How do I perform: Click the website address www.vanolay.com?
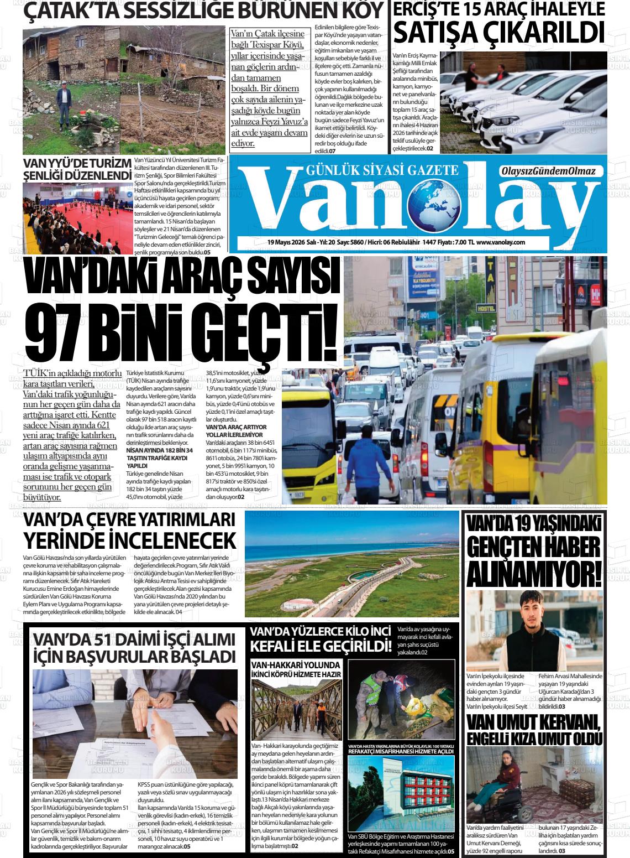pyautogui.click(x=500, y=242)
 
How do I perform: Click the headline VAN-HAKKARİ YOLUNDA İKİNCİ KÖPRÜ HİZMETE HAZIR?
pyautogui.click(x=296, y=669)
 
